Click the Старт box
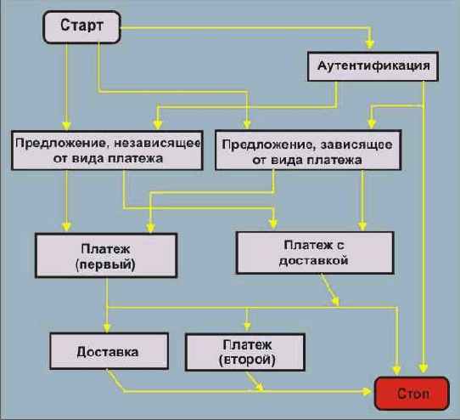pos(81,27)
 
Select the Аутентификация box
pos(372,65)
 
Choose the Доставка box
pos(107,350)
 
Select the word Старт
pos(81,27)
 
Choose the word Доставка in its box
pos(107,350)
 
